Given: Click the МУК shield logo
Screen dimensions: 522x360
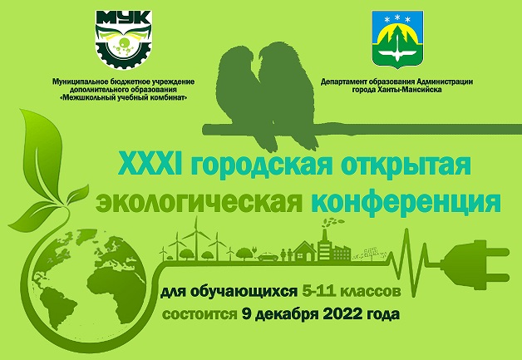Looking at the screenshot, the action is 124,39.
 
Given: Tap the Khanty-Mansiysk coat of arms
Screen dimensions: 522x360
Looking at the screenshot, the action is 397,39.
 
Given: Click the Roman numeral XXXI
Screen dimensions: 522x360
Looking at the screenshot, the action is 150,164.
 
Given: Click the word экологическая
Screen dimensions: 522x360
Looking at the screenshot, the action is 199,202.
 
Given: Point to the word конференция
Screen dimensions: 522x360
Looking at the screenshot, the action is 406,202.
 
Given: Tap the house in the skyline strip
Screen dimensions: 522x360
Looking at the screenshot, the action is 304,251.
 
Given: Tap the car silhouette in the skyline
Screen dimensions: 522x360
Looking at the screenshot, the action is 268,257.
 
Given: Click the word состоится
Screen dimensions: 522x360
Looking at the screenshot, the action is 199,315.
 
